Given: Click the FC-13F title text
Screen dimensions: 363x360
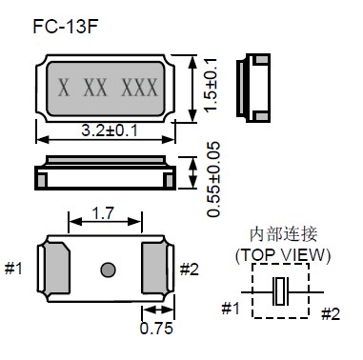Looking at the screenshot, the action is click(x=65, y=27).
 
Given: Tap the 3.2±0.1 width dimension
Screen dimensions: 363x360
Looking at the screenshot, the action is click(x=110, y=130).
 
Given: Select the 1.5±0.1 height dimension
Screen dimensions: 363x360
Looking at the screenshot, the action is click(x=211, y=85).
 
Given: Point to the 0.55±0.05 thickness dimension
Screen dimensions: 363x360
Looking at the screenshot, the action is click(x=213, y=179).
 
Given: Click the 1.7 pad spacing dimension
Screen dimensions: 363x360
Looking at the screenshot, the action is click(x=103, y=213).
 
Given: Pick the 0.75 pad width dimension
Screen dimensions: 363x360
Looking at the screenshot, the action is click(x=156, y=328).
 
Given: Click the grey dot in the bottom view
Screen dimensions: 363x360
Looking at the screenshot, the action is click(x=108, y=270).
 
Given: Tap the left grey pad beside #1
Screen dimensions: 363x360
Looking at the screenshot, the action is click(x=56, y=268).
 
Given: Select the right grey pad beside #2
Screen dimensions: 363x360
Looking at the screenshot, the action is click(x=154, y=268).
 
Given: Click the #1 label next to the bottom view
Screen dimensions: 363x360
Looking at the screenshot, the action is click(x=13, y=269).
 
